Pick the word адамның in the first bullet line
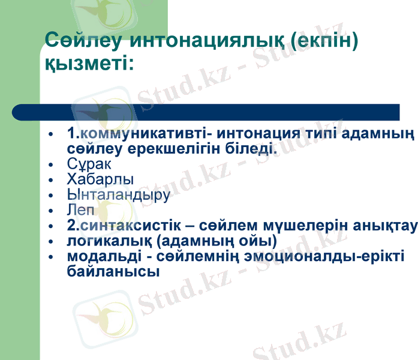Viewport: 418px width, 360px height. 384,133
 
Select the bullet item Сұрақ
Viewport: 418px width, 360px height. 89,164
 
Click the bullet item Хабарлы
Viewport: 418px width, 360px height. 100,179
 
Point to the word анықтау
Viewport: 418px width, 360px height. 387,226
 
